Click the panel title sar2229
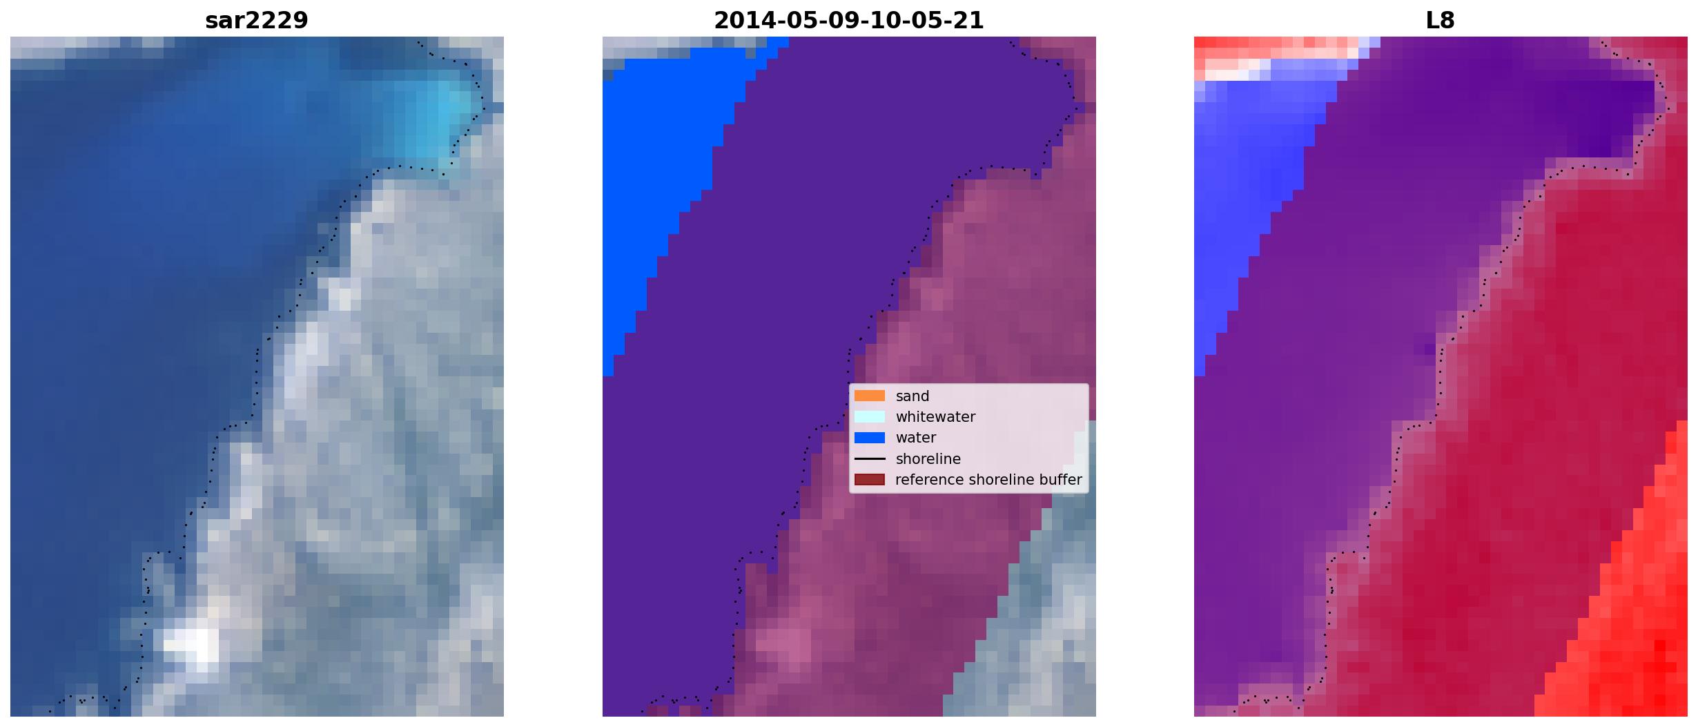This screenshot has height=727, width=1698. click(257, 21)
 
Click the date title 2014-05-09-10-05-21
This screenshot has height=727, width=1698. click(848, 21)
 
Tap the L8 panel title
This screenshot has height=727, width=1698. click(1440, 21)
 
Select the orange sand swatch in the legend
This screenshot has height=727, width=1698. click(870, 396)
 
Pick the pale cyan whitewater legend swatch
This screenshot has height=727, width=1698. click(870, 416)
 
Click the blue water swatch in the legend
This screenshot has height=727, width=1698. click(870, 437)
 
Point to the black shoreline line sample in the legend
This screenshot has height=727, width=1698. click(870, 458)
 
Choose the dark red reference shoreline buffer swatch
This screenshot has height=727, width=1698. click(870, 479)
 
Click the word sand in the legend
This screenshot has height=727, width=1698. click(913, 396)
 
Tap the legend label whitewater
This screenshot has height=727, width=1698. click(935, 417)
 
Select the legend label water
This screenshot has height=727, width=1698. click(916, 438)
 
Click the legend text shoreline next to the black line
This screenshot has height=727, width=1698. click(928, 459)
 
